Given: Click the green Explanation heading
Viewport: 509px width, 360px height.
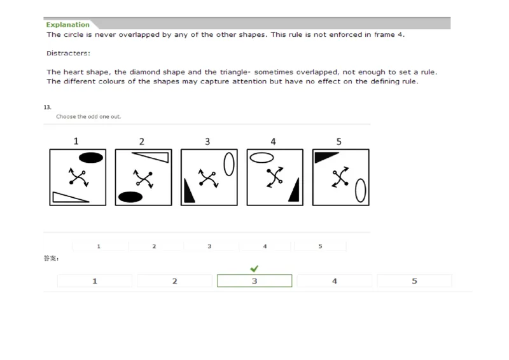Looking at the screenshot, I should tap(67, 25).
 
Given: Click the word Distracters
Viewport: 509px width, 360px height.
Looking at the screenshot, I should tap(69, 53).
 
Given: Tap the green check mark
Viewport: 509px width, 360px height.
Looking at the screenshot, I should tap(254, 268).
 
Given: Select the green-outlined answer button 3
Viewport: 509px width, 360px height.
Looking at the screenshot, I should tap(254, 281).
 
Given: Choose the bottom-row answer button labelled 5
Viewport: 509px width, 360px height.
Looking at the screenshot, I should tap(414, 281).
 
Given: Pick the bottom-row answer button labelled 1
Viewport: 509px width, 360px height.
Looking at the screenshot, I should tap(95, 281).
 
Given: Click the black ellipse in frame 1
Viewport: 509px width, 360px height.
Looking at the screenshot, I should tap(90, 158).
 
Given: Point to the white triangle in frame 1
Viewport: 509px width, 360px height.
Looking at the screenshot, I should tap(67, 198).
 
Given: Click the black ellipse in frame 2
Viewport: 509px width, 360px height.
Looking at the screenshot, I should tap(130, 197).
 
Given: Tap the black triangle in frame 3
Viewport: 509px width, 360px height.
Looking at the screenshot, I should tap(189, 192).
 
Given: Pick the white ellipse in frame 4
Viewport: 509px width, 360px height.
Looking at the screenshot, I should tap(261, 157).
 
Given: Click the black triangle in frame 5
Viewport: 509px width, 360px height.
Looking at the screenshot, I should tap(324, 155).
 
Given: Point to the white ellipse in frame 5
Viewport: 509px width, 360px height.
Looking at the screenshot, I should tap(360, 190).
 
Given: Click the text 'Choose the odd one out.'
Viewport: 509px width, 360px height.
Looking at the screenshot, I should tap(88, 117).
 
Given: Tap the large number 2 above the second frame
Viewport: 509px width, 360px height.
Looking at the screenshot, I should tap(142, 141).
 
